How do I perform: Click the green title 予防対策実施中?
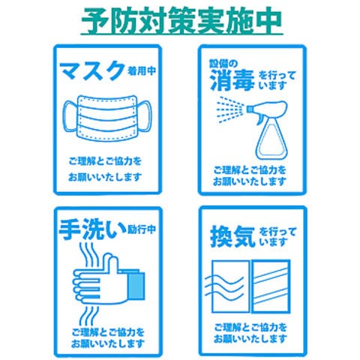click(182, 20)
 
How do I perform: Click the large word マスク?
click(92, 70)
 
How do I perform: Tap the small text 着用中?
click(142, 71)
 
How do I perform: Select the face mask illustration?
click(107, 118)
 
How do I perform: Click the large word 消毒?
click(232, 80)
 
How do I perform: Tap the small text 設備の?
click(223, 64)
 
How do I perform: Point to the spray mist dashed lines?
click(230, 110)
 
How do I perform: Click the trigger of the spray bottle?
click(259, 119)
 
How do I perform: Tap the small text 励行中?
click(142, 229)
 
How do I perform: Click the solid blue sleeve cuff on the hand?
click(136, 286)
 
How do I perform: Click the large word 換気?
click(232, 236)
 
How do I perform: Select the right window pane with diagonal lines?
click(271, 286)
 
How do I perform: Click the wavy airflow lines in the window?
click(224, 287)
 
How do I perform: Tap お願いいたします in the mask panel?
click(105, 177)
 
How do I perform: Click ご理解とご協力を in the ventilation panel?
click(250, 327)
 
